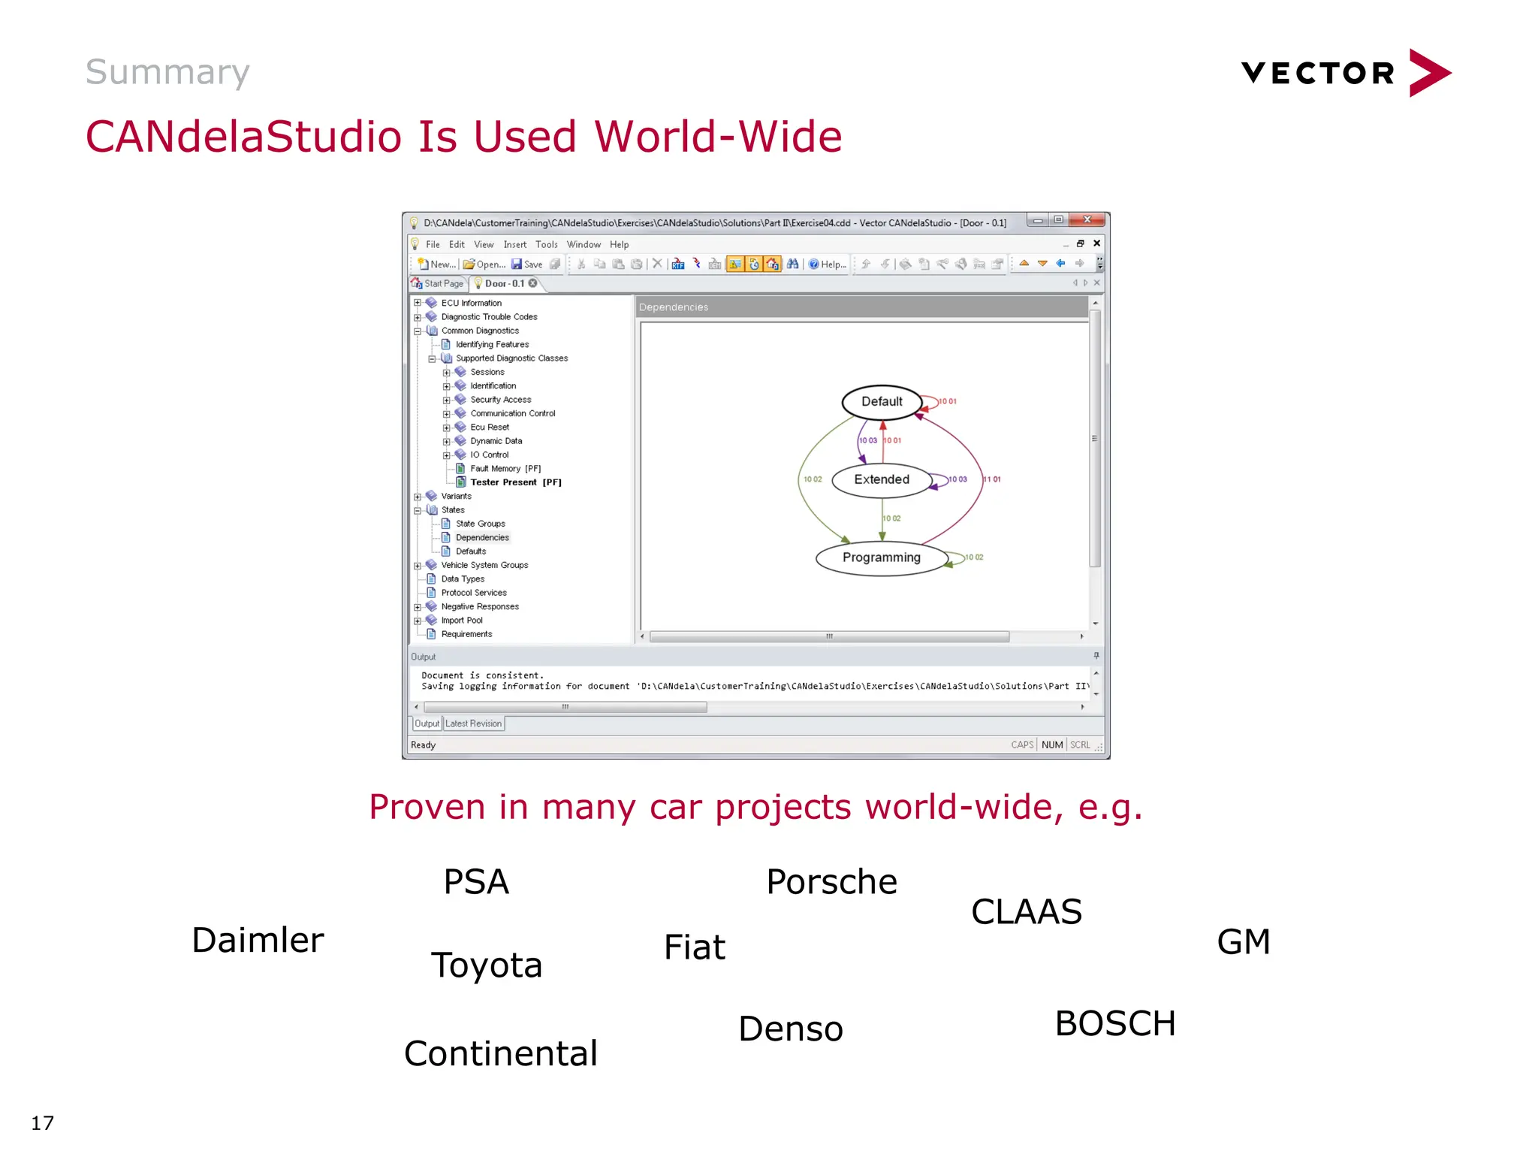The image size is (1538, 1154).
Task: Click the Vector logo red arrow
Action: [1428, 73]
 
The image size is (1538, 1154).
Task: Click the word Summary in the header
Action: [167, 72]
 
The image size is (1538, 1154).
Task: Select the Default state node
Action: [882, 402]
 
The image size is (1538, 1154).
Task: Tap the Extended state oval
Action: [881, 480]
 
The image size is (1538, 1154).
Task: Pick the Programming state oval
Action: [881, 557]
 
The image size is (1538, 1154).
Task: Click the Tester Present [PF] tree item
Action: [515, 482]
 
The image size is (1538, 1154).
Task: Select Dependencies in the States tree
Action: [482, 538]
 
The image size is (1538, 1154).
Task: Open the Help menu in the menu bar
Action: [619, 245]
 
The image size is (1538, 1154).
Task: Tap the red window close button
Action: [1087, 220]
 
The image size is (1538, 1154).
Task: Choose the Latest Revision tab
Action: [473, 724]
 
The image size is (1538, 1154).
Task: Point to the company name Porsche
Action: [831, 882]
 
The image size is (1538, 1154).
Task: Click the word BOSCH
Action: [1114, 1024]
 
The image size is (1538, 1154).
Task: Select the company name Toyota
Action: [486, 965]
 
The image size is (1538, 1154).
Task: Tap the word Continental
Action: [501, 1053]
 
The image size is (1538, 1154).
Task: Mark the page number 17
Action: [43, 1123]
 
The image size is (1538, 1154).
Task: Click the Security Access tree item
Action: [500, 400]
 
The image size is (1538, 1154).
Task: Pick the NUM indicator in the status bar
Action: [1051, 745]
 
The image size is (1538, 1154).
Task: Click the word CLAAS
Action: [1026, 912]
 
